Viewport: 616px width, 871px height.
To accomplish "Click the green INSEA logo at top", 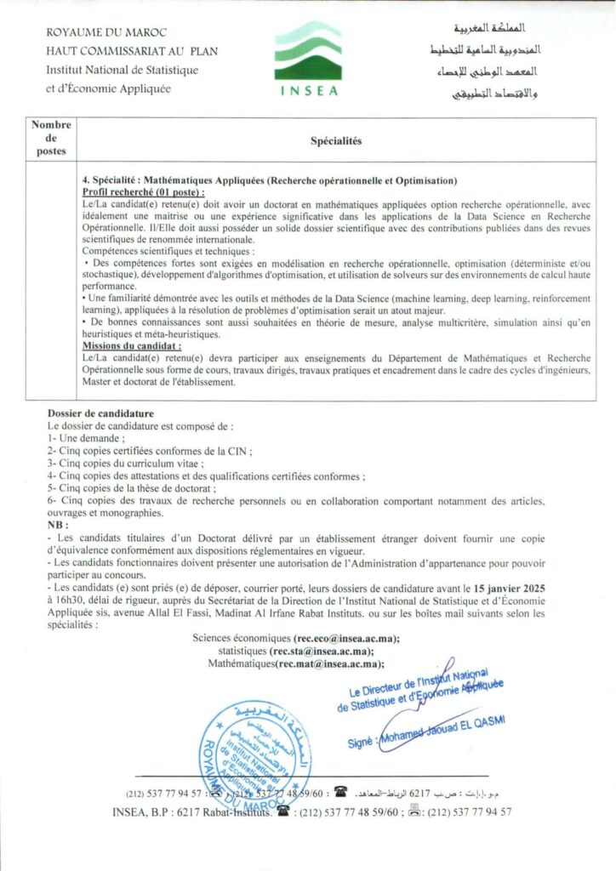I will [308, 58].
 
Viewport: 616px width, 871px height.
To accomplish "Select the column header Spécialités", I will [336, 141].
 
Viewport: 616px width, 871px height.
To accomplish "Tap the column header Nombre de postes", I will [51, 138].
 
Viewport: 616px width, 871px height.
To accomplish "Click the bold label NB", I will [55, 527].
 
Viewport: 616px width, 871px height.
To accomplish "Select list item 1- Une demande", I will [77, 437].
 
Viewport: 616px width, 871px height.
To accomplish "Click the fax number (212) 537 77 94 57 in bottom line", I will [469, 811].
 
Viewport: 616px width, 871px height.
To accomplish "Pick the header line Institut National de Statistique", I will [123, 69].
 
